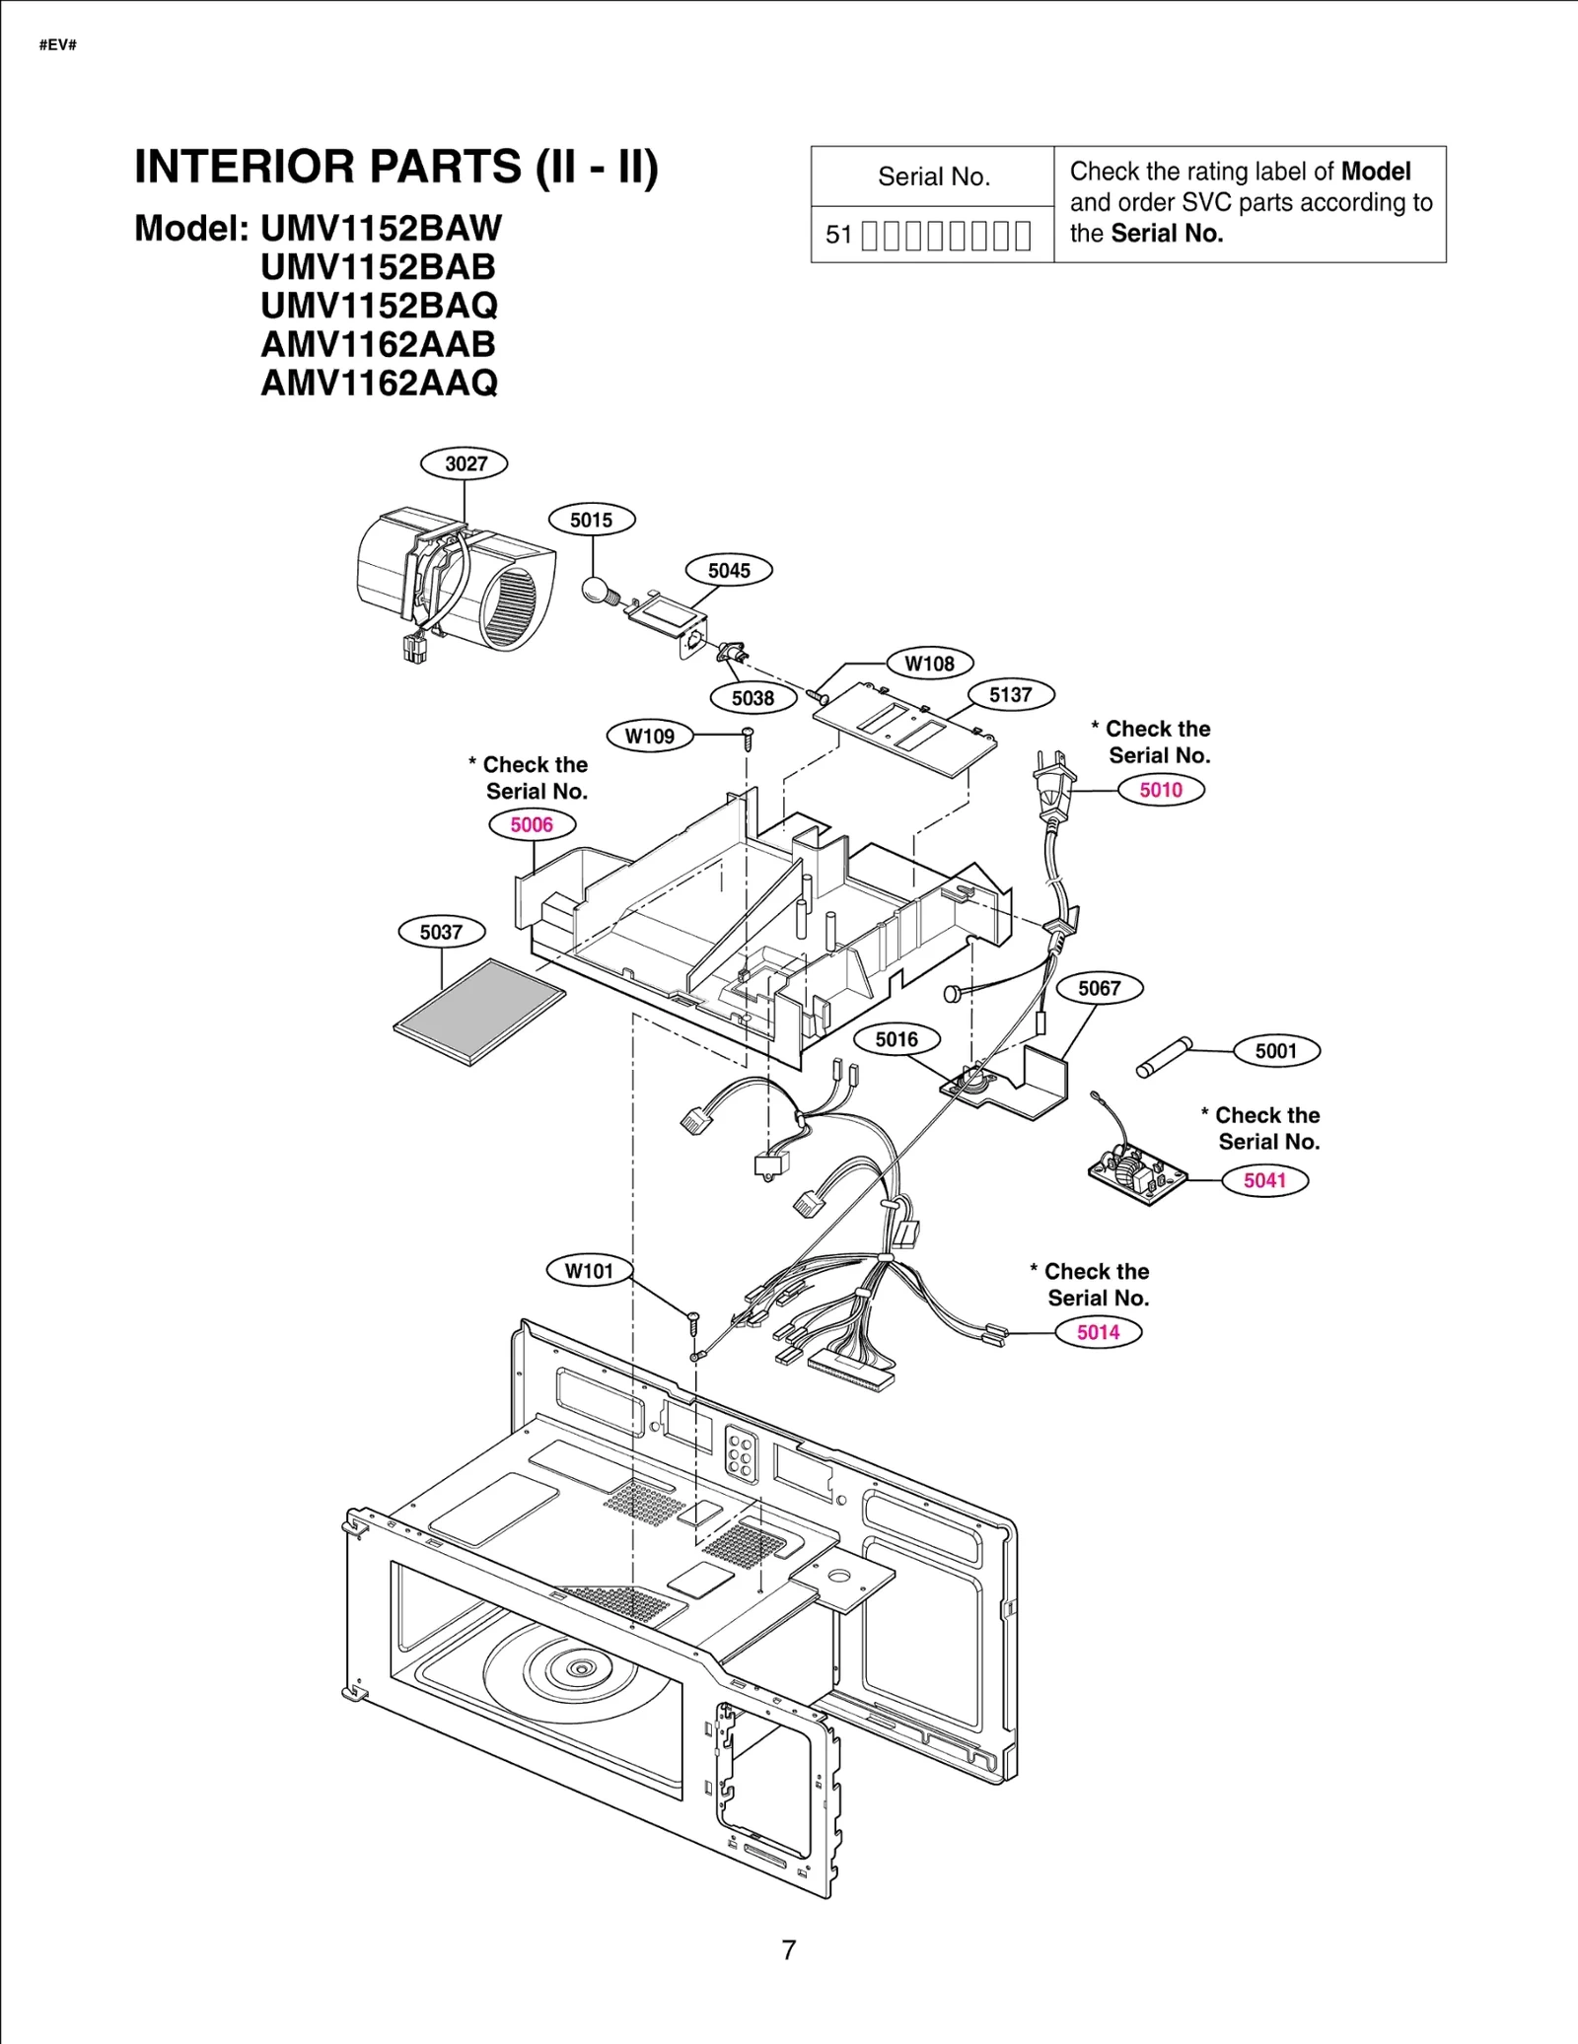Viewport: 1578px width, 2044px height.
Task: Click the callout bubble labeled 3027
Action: (464, 463)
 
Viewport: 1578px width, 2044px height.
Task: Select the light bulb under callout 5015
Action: (596, 591)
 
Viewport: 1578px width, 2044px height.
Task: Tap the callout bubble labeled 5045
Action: (729, 570)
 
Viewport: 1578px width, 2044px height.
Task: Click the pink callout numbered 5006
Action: (532, 824)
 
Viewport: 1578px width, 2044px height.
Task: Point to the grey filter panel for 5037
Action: (480, 1012)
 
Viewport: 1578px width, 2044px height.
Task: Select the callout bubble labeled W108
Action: (929, 663)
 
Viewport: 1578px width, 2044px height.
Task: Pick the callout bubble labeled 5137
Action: (1010, 694)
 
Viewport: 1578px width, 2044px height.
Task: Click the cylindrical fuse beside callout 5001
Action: (1165, 1057)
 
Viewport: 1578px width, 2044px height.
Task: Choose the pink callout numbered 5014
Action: (1098, 1332)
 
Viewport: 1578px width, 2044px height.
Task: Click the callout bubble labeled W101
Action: (589, 1270)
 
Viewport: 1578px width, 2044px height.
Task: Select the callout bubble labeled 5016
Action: (896, 1039)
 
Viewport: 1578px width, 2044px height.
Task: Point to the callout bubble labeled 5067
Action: (1099, 988)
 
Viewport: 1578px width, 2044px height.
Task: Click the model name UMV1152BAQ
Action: (379, 306)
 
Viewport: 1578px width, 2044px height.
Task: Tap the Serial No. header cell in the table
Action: (933, 176)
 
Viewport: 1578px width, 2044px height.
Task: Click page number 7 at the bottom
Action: (788, 1949)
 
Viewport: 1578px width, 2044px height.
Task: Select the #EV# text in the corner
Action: (57, 45)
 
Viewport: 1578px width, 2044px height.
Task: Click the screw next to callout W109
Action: (748, 735)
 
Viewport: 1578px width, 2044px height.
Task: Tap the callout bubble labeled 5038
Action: (753, 698)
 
